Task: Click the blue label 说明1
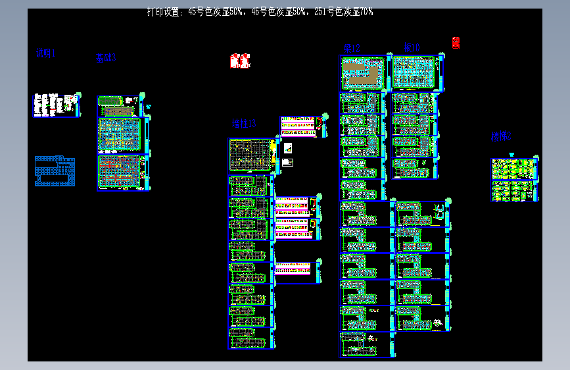(45, 54)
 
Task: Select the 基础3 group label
(105, 58)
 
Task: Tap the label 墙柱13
(243, 123)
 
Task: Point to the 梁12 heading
(352, 48)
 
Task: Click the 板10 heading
(412, 47)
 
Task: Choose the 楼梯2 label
(501, 137)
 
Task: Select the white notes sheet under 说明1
(56, 105)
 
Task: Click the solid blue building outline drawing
(54, 171)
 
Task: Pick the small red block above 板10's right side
(456, 43)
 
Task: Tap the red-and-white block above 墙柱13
(240, 61)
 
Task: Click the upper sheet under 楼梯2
(513, 169)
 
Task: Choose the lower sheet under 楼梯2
(513, 191)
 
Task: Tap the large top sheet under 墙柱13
(250, 156)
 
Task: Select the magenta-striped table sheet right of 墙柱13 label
(299, 126)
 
